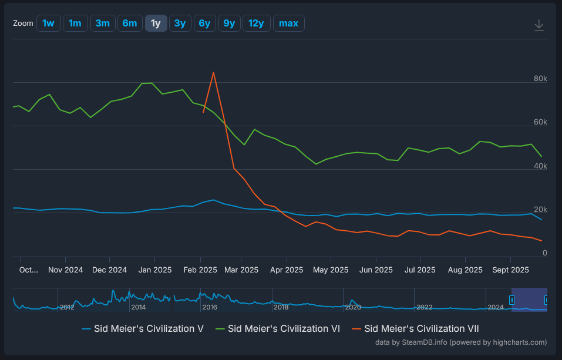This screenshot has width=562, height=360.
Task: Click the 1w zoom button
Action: pos(48,23)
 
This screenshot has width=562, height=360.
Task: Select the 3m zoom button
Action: pos(103,23)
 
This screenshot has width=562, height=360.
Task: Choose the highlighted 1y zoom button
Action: pos(156,23)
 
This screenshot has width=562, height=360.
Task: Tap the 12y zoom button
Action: pos(256,23)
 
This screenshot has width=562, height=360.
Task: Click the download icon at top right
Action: pos(539,25)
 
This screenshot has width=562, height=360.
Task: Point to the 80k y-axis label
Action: pos(540,79)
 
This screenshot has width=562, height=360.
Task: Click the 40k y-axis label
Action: pos(540,166)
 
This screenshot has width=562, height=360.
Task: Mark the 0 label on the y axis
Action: pos(544,253)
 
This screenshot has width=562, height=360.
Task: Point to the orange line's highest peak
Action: pos(213,72)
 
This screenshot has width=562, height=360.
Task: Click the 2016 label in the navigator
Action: pos(210,307)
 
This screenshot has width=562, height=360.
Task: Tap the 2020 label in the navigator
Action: pos(352,307)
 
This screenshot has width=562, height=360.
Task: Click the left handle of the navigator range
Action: pos(511,300)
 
